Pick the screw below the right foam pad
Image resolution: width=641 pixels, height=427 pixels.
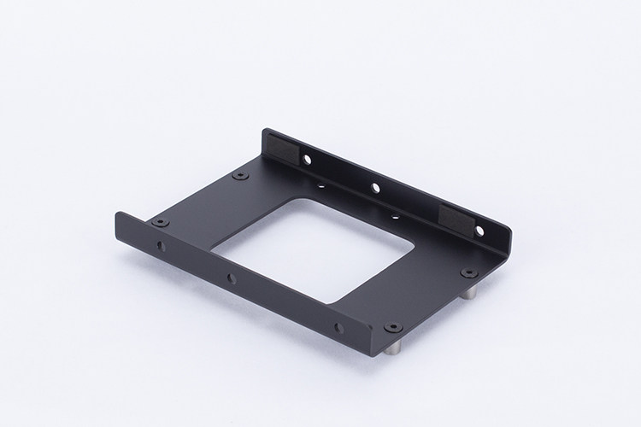(x=468, y=272)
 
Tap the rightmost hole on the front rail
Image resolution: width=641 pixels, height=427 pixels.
(x=338, y=326)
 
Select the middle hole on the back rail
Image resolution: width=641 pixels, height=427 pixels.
(x=374, y=186)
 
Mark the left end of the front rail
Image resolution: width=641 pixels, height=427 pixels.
(x=119, y=227)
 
